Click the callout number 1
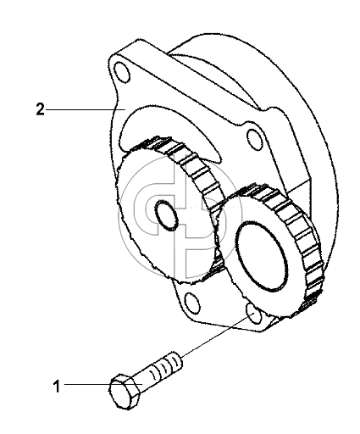click(57, 387)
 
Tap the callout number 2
click(40, 109)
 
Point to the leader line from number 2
click(86, 109)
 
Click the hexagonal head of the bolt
click(125, 392)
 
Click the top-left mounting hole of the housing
click(122, 73)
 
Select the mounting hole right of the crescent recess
click(256, 140)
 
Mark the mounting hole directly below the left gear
click(193, 303)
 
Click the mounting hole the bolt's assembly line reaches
click(254, 314)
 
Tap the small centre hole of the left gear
click(167, 215)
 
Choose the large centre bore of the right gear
click(261, 255)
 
